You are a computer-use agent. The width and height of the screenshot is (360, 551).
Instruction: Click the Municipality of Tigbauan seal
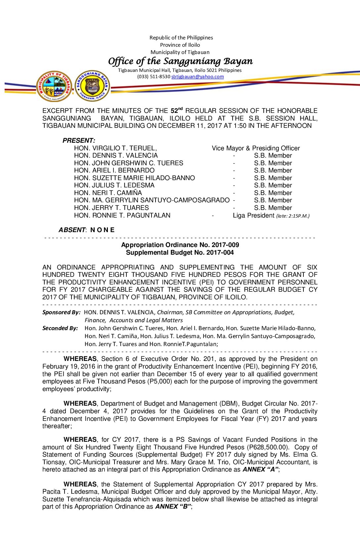coord(54,86)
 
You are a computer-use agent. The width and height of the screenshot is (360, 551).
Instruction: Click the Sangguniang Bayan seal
coord(92,86)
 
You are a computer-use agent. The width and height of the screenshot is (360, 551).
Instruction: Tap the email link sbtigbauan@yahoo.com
coord(198,76)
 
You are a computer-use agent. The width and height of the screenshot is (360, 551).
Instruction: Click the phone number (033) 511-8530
coord(154,76)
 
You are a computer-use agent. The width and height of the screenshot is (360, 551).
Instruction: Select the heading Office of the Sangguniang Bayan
coord(180,61)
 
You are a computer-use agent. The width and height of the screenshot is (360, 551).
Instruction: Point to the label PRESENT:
coord(79,140)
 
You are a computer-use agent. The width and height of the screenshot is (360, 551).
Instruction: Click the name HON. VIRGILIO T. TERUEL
coord(115,148)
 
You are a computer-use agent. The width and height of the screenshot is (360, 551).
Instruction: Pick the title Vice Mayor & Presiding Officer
coord(256,148)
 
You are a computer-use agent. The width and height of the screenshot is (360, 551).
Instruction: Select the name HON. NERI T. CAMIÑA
coord(108,193)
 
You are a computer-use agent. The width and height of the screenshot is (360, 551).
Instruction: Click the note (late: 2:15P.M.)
coord(293,216)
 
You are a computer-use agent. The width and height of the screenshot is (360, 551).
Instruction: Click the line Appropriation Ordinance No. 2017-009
coord(180,245)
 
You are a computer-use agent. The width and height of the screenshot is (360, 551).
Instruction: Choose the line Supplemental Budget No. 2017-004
coord(180,252)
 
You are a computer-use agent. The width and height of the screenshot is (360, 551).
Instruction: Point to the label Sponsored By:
coord(61,312)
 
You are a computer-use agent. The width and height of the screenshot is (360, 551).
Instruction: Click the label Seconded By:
coord(60,328)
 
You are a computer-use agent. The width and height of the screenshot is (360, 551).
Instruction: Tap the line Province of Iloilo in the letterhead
coord(180,45)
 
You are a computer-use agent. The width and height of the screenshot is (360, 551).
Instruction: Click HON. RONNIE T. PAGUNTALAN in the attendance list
coord(122,215)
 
